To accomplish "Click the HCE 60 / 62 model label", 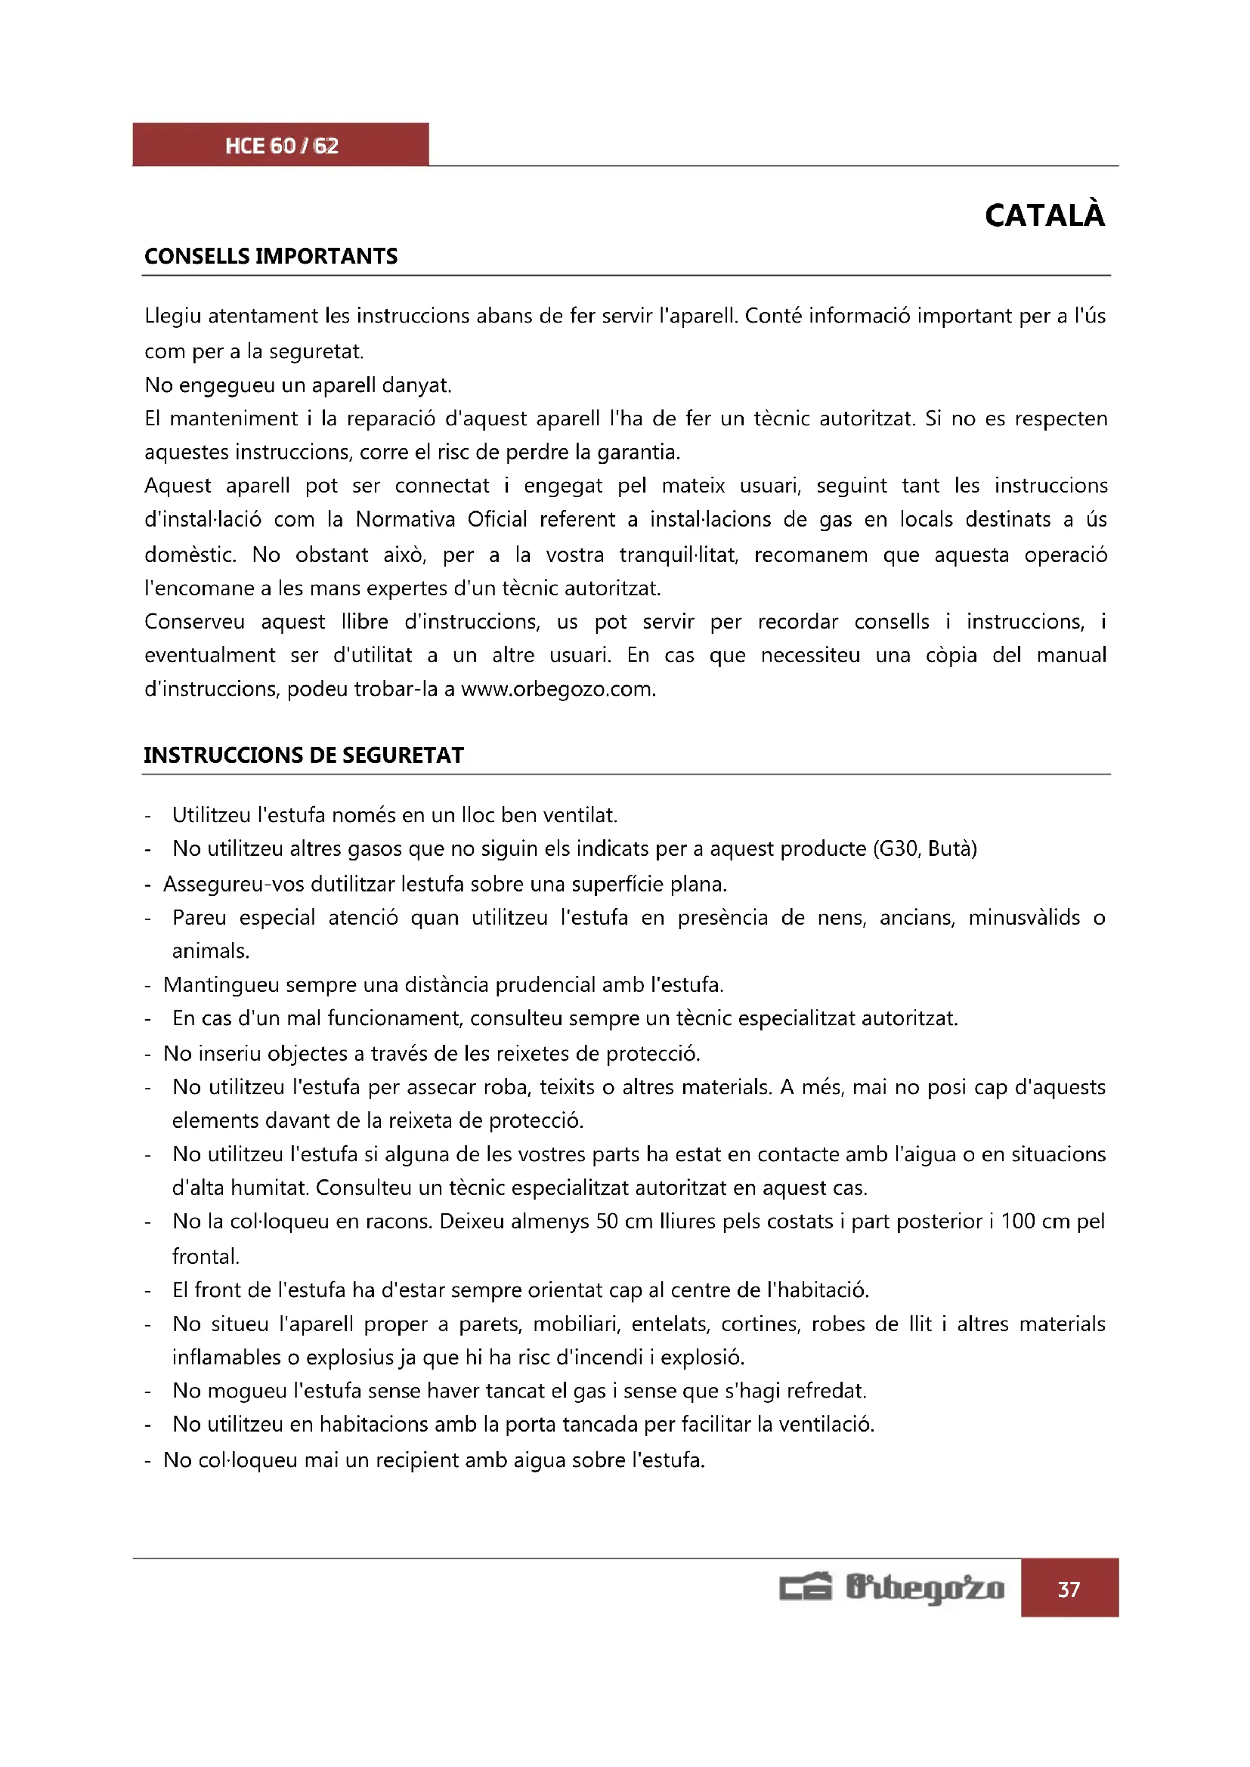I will click(282, 146).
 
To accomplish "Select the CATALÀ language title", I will click(1044, 215).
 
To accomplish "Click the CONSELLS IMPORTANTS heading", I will click(271, 256).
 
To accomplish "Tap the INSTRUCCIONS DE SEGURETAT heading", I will click(304, 755).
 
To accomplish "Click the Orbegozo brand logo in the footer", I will click(891, 1589).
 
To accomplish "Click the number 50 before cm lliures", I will click(608, 1222).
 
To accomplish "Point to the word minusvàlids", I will click(1024, 917).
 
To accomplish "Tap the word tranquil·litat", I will click(678, 555).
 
